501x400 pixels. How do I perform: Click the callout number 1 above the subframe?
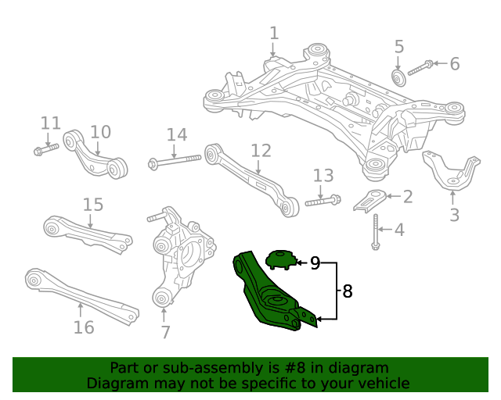pos(274,34)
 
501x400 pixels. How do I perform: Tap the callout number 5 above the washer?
pos(398,46)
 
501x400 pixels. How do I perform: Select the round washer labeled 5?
pos(398,77)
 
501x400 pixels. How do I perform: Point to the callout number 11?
pos(50,123)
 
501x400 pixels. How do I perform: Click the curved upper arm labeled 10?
pos(95,153)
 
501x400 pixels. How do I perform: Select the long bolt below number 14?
pos(174,162)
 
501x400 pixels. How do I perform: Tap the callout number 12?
pos(261,150)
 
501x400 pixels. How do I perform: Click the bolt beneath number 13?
pos(322,201)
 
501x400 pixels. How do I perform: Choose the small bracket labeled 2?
pos(369,200)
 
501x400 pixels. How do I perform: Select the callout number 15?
pos(93,205)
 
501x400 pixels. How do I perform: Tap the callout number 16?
pos(83,327)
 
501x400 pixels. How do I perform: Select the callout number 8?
pos(348,291)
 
